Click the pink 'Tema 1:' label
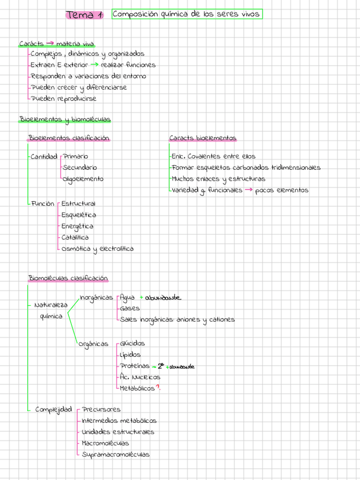pos(84,15)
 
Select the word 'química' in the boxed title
pos(168,14)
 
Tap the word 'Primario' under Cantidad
pos(75,156)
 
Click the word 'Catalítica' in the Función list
pos(75,238)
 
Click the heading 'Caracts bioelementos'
pos(203,138)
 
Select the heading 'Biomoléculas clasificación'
pos(68,278)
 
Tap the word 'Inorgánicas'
pos(96,298)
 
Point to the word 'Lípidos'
pos(130,355)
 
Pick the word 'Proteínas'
pos(135,366)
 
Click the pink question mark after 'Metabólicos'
pos(158,388)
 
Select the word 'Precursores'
pos(101,409)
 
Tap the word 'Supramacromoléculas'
pos(115,455)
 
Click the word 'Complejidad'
pos(53,409)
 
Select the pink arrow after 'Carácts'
pos(50,43)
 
